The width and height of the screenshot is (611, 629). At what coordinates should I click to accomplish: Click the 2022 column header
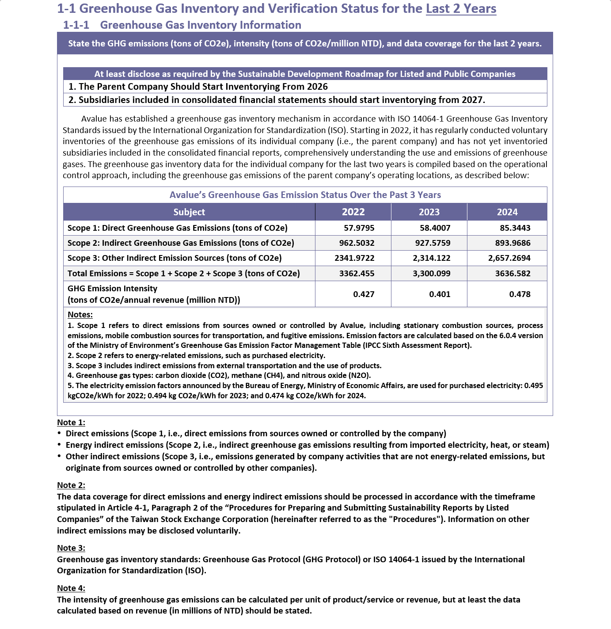point(353,212)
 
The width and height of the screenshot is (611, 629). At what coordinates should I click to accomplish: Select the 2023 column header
point(429,212)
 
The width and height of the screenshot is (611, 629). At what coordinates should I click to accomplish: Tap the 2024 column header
point(507,212)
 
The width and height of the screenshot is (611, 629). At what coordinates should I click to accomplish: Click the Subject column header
point(189,212)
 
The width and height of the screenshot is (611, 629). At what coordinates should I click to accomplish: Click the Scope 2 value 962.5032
point(357,243)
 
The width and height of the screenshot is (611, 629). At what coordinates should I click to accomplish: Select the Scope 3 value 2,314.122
point(431,258)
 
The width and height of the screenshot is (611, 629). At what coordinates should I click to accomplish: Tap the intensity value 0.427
point(364,294)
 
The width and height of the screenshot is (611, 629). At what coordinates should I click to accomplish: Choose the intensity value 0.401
point(440,294)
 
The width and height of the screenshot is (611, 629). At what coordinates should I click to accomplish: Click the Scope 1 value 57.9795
point(359,228)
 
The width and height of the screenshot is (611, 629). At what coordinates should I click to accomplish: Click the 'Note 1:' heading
point(71,423)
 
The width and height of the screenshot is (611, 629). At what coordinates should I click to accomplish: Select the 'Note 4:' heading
point(71,588)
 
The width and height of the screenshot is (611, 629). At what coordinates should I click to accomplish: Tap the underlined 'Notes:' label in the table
point(80,315)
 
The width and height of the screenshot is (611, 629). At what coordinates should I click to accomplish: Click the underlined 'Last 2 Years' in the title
point(461,9)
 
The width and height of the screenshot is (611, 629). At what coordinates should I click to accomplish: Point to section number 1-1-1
point(76,25)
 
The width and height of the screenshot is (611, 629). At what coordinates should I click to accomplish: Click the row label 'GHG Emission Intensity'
point(112,289)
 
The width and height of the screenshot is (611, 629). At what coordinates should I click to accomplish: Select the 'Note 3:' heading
point(71,548)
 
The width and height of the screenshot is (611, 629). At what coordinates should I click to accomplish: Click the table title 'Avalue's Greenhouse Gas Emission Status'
point(305,195)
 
